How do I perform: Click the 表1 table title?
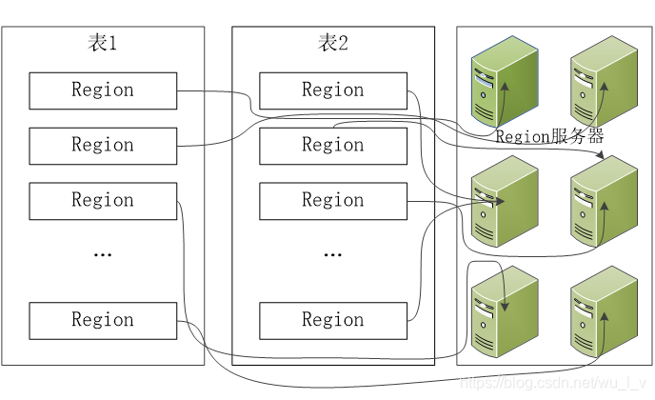[102, 43]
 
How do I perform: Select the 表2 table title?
[332, 43]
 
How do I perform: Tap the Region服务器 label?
[550, 136]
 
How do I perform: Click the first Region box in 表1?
[103, 90]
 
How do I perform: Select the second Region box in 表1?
[103, 146]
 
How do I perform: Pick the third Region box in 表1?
[103, 201]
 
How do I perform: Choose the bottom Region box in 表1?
[103, 320]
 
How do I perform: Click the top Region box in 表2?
[333, 90]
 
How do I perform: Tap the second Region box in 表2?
[333, 146]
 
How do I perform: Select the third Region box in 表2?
[333, 201]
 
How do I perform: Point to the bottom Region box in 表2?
[333, 320]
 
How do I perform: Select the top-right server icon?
[603, 80]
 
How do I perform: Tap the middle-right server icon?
[603, 201]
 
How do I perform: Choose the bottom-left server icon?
[504, 312]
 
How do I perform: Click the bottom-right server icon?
[603, 312]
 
